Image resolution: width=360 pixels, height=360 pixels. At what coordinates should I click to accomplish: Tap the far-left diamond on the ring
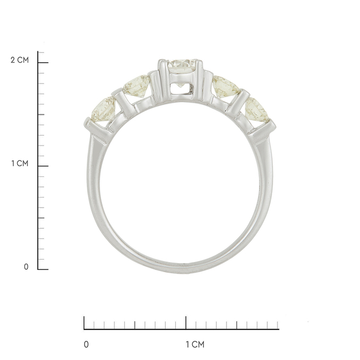(104, 109)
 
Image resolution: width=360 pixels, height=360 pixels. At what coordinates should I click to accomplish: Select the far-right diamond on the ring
(257, 110)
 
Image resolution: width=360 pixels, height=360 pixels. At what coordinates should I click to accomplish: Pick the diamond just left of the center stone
(137, 85)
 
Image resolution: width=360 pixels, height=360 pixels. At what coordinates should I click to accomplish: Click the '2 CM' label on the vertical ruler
(20, 60)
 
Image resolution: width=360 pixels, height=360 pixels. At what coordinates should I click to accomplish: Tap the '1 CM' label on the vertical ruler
(20, 164)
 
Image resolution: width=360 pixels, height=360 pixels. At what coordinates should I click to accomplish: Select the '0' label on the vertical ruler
(26, 267)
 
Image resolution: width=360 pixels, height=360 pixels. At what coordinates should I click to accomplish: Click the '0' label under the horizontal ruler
(86, 345)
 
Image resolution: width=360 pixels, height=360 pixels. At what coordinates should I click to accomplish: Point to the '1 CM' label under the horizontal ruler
(195, 345)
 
